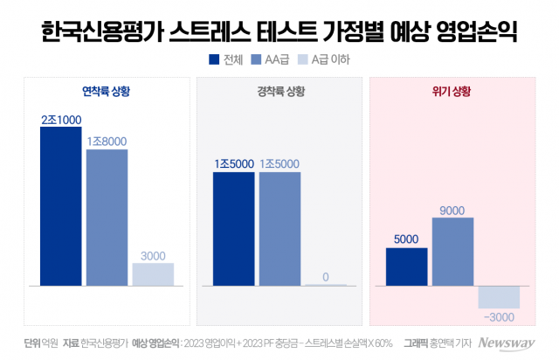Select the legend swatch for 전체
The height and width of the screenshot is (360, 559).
coord(214,59)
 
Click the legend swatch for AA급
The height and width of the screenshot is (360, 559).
coord(256,59)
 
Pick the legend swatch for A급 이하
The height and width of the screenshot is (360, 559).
coord(304,59)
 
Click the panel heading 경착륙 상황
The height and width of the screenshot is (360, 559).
coord(279,90)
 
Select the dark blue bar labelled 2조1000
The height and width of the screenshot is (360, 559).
coord(60,206)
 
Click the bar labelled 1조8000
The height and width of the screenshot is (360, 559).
coord(107,218)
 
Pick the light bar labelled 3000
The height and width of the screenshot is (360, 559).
coord(153,274)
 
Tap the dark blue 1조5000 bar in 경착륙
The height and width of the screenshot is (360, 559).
coord(233,229)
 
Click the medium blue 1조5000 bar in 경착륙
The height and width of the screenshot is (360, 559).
coord(279,229)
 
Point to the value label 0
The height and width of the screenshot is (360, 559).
coord(325,277)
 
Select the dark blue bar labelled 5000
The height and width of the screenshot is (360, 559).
coord(406,267)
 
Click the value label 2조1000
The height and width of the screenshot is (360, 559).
coord(61,119)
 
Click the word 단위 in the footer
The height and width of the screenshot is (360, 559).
coord(34,343)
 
